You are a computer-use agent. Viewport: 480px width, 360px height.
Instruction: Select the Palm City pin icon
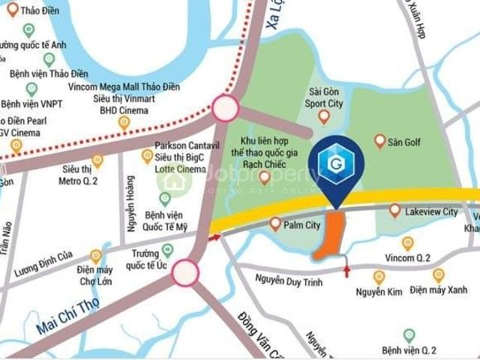pyautogui.click(x=275, y=223)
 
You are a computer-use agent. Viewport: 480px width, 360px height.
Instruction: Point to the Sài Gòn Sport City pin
pyautogui.click(x=324, y=116)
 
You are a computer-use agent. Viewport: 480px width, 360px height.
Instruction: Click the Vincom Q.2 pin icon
pyautogui.click(x=407, y=243)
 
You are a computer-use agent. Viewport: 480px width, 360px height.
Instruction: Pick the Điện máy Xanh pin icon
pyautogui.click(x=438, y=275)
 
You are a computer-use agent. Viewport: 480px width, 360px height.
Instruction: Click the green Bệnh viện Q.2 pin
pyautogui.click(x=409, y=335)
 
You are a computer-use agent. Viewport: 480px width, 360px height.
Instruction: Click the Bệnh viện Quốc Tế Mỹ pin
pyautogui.click(x=165, y=198)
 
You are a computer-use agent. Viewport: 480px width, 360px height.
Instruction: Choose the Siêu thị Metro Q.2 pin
pyautogui.click(x=97, y=160)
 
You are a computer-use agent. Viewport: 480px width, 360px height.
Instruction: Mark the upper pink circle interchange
pyautogui.click(x=225, y=109)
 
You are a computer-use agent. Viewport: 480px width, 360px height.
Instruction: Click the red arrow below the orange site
pyautogui.click(x=346, y=269)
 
